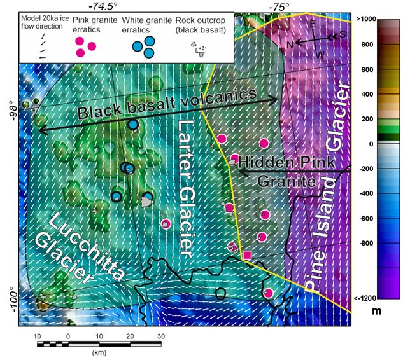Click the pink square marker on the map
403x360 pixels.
pos(247,256)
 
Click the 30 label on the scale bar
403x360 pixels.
pos(161,335)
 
